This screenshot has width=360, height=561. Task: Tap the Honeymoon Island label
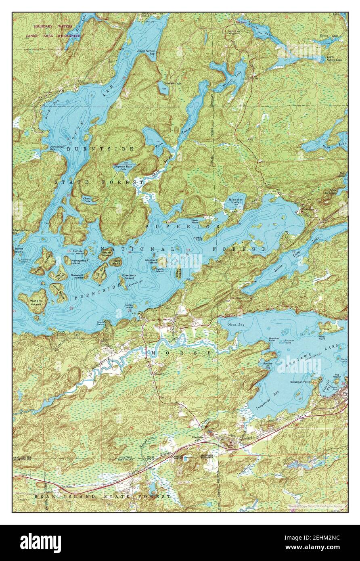pos(76,262)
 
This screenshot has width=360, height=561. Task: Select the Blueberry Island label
pos(128,276)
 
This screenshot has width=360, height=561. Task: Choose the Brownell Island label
pos(77,276)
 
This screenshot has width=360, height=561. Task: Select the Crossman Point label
pos(299,382)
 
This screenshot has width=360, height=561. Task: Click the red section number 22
pos(71,308)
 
